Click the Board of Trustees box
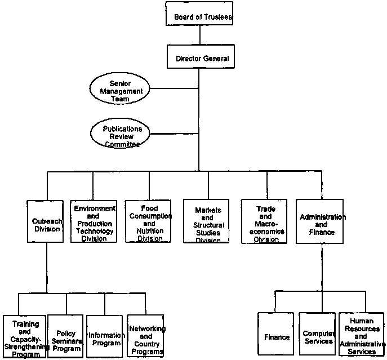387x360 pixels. click(198, 16)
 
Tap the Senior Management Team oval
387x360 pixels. click(119, 91)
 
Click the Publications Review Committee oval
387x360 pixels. click(122, 136)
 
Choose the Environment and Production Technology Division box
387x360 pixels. click(93, 221)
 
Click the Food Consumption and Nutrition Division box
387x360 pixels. click(149, 221)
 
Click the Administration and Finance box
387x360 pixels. click(322, 221)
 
